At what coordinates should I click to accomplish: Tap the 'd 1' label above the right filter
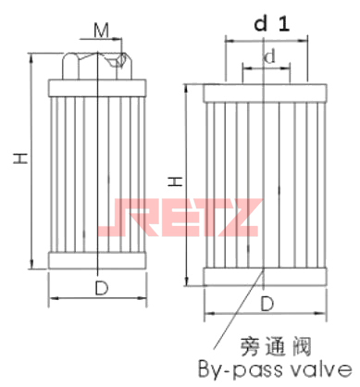267,26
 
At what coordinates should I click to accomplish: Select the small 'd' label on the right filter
268,58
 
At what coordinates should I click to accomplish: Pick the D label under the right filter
267,303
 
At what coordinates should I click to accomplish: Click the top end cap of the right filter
265,93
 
